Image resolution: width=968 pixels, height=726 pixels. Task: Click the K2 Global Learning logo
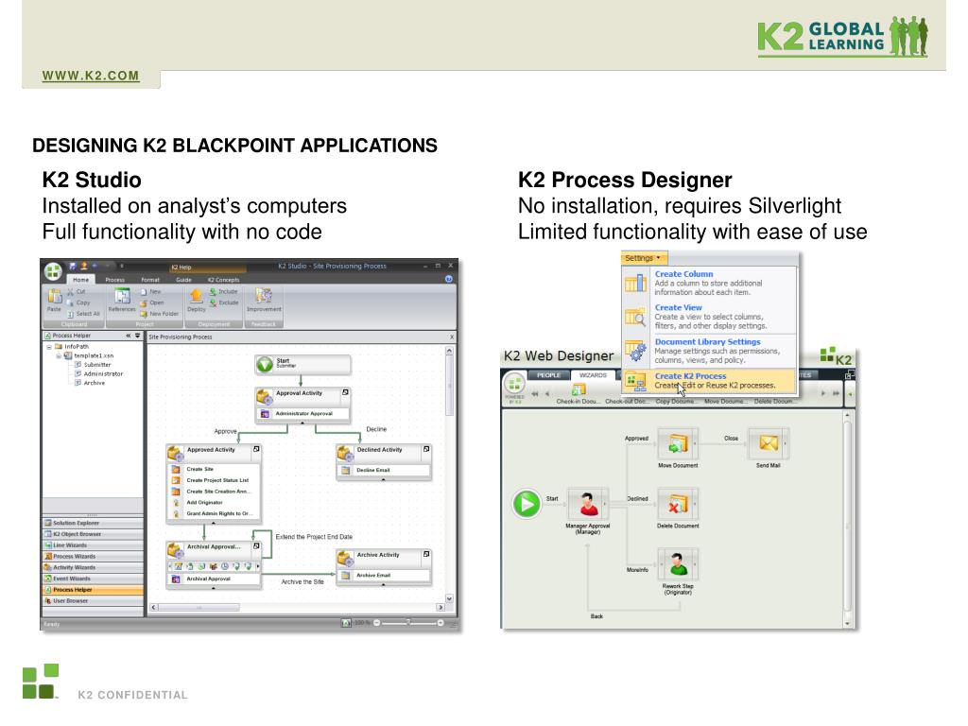[842, 35]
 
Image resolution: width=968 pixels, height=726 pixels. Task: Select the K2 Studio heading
[92, 180]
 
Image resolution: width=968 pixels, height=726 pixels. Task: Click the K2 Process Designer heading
[625, 180]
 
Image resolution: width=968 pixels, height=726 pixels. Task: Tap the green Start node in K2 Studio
[266, 364]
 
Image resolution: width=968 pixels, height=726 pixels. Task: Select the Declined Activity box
[384, 450]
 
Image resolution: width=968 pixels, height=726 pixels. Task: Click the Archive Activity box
[384, 555]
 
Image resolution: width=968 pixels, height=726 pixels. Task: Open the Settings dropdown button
[644, 258]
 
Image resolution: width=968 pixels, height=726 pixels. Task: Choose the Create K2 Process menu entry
[690, 376]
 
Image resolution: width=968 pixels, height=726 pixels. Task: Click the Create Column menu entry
[683, 274]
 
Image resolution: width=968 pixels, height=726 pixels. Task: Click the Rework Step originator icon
[678, 564]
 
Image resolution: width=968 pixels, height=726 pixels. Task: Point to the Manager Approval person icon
[588, 504]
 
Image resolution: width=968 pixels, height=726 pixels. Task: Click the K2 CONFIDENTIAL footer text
[132, 696]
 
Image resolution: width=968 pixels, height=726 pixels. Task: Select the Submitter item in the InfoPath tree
[96, 364]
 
